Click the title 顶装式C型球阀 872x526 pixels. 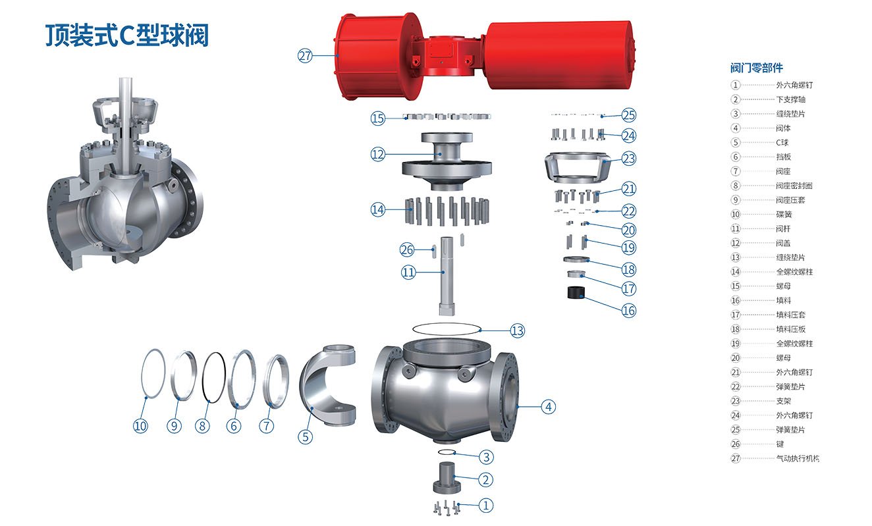point(127,36)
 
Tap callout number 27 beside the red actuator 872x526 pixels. point(305,56)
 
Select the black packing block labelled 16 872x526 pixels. point(576,292)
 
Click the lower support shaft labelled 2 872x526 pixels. point(447,477)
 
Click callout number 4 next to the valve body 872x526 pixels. point(549,407)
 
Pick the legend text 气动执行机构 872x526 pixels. point(798,458)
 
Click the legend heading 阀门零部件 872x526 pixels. point(756,68)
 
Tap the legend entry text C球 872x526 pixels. point(782,142)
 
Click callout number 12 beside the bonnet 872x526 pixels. point(377,155)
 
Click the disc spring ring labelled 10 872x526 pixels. point(142,373)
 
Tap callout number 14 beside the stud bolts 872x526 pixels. point(377,210)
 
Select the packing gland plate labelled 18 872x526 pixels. point(576,259)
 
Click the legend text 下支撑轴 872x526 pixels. point(790,99)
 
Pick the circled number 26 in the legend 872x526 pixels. point(736,444)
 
